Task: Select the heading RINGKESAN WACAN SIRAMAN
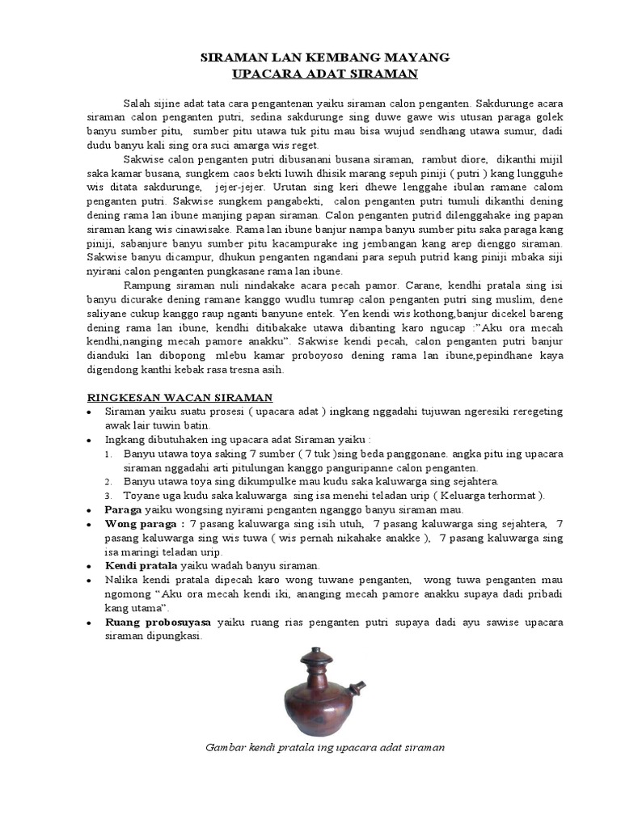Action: pyautogui.click(x=180, y=397)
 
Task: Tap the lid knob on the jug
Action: pyautogui.click(x=315, y=652)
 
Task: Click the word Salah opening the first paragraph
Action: pyautogui.click(x=137, y=105)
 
